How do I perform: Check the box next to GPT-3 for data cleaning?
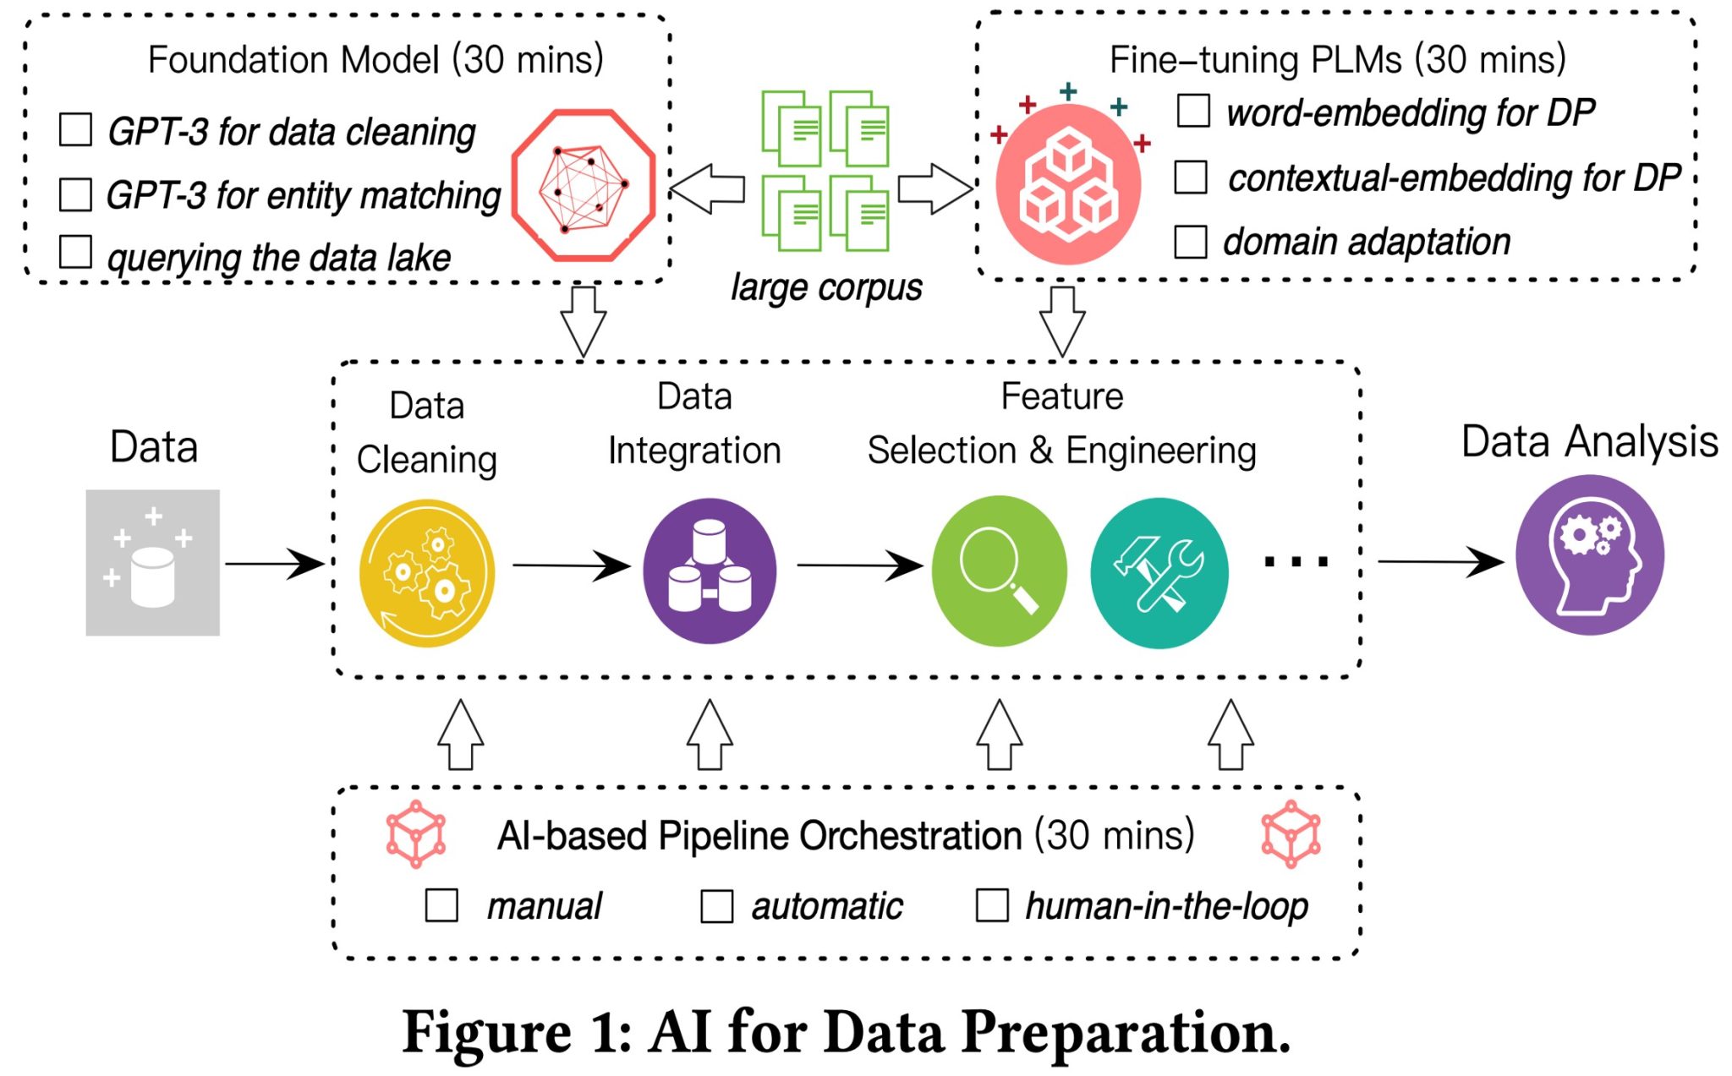point(75,130)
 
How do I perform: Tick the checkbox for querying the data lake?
point(75,252)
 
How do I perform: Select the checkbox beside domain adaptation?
point(1190,242)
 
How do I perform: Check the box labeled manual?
point(441,905)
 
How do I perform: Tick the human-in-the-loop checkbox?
point(991,905)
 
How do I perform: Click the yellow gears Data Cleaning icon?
point(427,573)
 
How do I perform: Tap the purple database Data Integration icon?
point(710,571)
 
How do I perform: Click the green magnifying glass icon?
point(999,571)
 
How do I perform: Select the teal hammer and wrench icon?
point(1159,572)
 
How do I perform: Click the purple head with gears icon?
point(1590,555)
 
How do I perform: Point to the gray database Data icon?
point(153,562)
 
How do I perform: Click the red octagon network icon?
point(584,184)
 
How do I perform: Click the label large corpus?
point(826,287)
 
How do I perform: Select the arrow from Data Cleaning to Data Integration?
point(571,565)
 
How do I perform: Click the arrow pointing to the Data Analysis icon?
point(1439,560)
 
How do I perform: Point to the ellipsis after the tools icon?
point(1296,560)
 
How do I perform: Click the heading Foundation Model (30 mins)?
point(375,60)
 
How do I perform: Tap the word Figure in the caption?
point(486,1033)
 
